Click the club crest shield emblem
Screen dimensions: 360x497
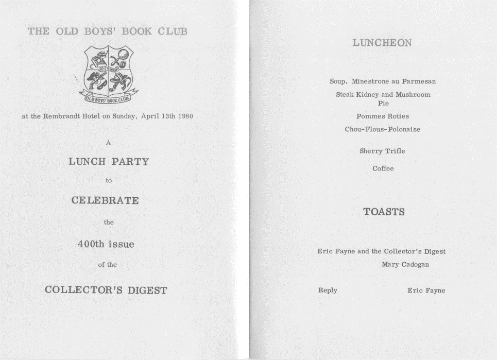tap(108, 71)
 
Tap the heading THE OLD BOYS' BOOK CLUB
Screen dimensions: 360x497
tap(108, 31)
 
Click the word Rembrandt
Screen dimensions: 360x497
tap(63, 116)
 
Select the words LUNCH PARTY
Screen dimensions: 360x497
tap(108, 162)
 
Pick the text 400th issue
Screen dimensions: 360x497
tap(106, 244)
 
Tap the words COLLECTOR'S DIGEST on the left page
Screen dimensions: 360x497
tap(106, 290)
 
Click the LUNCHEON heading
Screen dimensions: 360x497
tap(382, 43)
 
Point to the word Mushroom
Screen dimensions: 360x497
tap(413, 95)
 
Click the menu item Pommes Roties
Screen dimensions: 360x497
tap(383, 116)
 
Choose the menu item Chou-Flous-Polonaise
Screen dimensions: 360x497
tap(383, 129)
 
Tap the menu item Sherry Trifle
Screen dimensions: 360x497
tap(382, 151)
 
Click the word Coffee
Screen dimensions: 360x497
tap(383, 168)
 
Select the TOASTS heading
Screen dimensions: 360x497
tap(384, 212)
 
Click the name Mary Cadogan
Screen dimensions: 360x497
tap(405, 265)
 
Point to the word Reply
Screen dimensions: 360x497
tap(328, 290)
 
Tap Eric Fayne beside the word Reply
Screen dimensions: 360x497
tap(426, 290)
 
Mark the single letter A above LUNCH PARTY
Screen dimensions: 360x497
tap(108, 143)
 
